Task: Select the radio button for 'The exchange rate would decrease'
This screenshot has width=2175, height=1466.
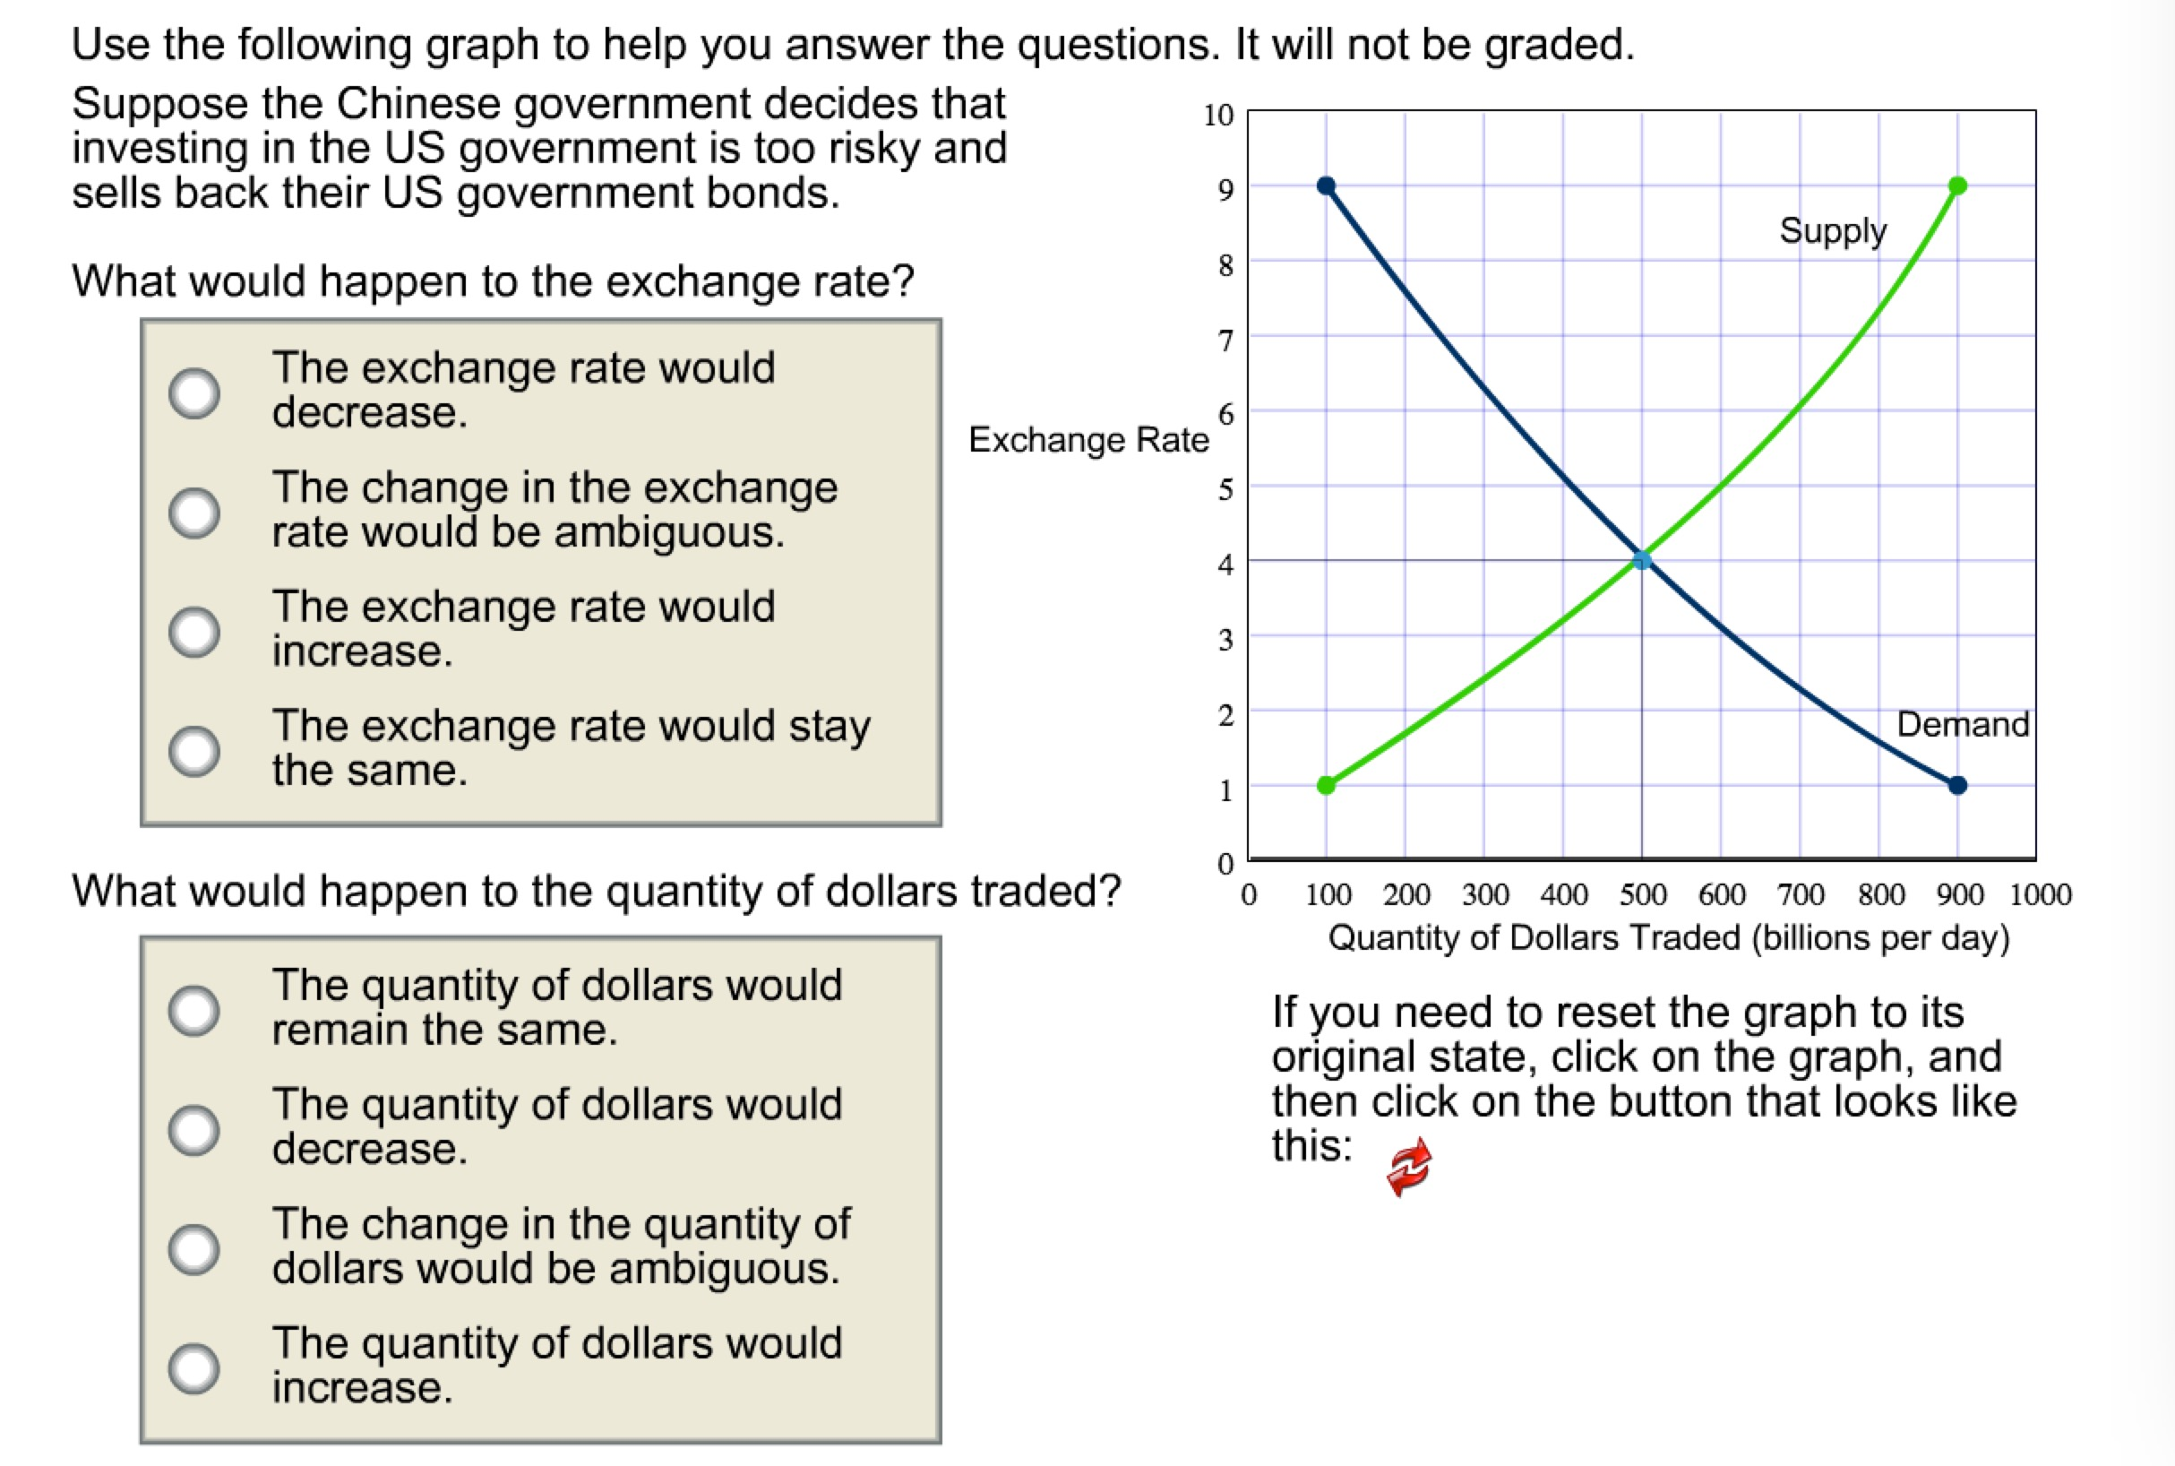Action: [x=194, y=392]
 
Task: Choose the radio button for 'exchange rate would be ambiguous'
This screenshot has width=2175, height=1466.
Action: [x=194, y=513]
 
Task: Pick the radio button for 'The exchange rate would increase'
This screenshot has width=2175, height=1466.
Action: [x=194, y=631]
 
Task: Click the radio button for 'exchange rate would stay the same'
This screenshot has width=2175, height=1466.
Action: [x=194, y=751]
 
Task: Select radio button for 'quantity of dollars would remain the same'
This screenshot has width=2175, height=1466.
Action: [x=194, y=1010]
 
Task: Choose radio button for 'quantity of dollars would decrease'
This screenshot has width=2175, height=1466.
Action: [x=194, y=1129]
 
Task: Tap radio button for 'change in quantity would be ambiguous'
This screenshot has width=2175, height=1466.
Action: [x=194, y=1249]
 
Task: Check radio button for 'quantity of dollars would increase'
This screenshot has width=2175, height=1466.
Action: [x=194, y=1367]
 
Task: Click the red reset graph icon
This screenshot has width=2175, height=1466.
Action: [x=1408, y=1166]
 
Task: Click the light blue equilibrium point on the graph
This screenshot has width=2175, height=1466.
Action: [x=1641, y=560]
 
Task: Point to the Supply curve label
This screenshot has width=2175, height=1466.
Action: [x=1832, y=230]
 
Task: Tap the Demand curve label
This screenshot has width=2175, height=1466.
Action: [x=1962, y=725]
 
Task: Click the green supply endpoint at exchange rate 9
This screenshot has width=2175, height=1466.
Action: [x=1957, y=186]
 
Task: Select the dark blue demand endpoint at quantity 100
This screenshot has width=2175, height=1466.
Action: [x=1326, y=186]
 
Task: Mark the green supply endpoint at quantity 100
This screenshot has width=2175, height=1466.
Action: [x=1326, y=785]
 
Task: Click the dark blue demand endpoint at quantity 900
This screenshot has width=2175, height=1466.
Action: [x=1957, y=785]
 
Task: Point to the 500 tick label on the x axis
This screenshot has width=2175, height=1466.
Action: [x=1642, y=895]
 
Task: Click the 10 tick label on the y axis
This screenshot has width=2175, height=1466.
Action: [x=1218, y=115]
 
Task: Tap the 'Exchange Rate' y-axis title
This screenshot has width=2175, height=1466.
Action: [x=1088, y=439]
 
